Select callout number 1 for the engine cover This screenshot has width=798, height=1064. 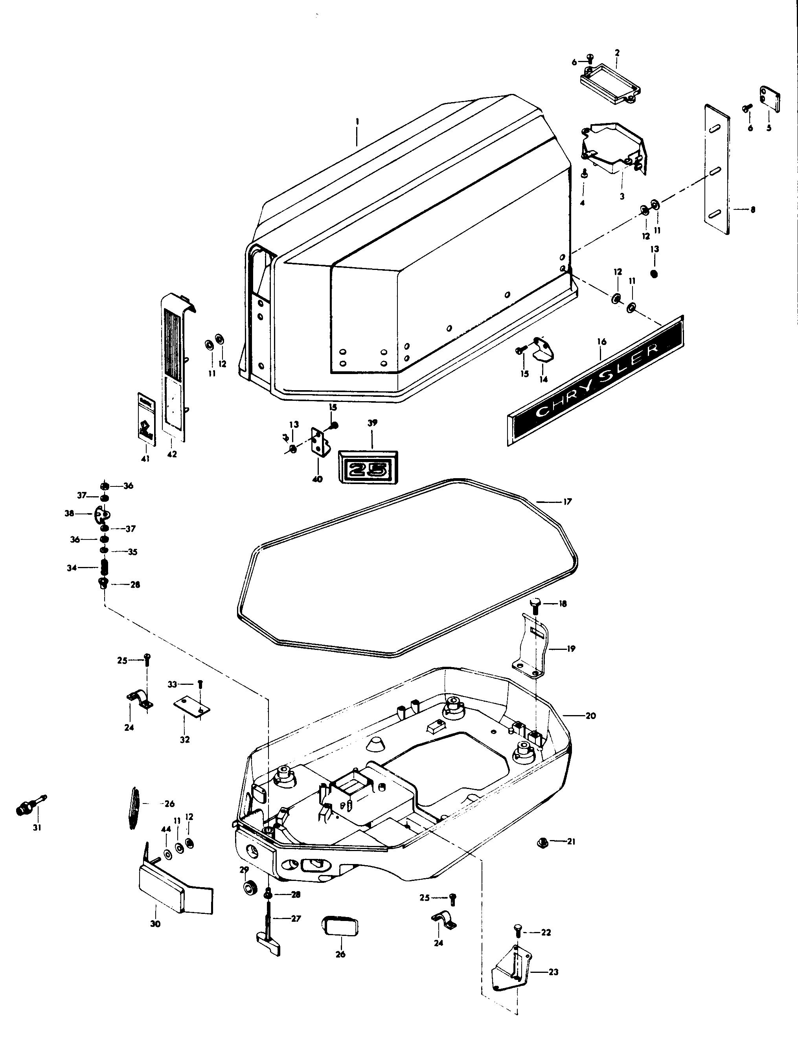point(357,121)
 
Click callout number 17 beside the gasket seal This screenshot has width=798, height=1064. point(567,502)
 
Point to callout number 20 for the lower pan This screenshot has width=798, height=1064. point(590,729)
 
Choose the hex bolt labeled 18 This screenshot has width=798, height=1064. point(537,605)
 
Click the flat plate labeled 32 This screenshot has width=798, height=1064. point(191,706)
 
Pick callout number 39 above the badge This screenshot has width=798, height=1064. point(372,423)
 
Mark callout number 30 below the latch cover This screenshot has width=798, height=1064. point(155,924)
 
